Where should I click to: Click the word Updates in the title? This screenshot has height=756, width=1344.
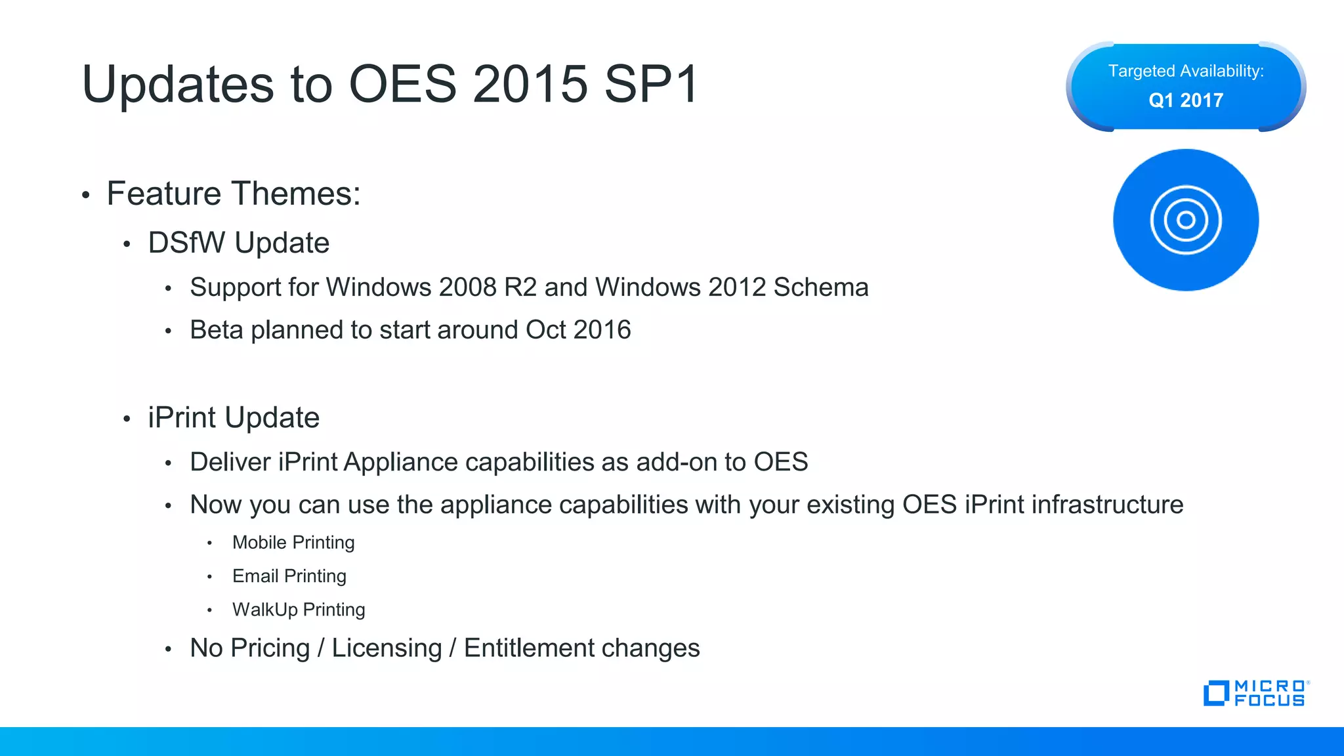click(x=177, y=85)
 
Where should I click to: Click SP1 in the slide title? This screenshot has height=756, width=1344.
click(x=651, y=85)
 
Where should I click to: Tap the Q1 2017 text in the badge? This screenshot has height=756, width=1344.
click(x=1186, y=100)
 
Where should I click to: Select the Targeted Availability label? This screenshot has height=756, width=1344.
click(x=1186, y=71)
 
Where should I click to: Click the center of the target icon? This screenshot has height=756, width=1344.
click(x=1186, y=220)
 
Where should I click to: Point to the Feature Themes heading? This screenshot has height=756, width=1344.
click(x=234, y=194)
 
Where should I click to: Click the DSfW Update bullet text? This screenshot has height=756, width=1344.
click(x=238, y=243)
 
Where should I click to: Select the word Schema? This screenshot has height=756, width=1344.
click(x=821, y=287)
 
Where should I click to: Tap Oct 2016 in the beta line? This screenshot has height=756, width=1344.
click(x=578, y=330)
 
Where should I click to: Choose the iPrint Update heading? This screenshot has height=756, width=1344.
click(x=234, y=418)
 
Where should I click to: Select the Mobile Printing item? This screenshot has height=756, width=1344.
click(x=293, y=543)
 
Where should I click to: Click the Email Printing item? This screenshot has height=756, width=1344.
click(x=289, y=576)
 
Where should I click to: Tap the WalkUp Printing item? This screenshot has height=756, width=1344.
click(x=299, y=610)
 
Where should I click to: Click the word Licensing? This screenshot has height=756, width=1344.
click(x=387, y=648)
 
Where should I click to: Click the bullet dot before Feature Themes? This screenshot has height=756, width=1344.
click(x=85, y=195)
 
